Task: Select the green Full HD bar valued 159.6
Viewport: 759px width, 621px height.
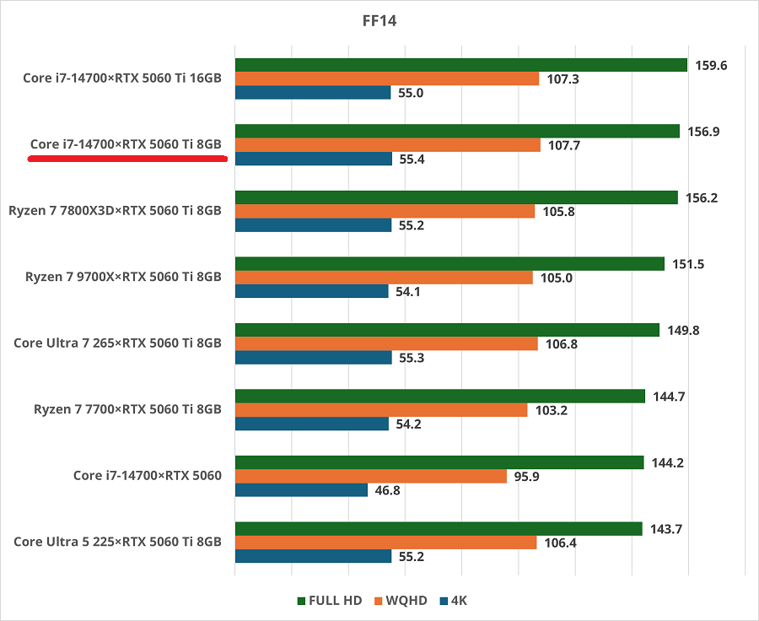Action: tap(461, 65)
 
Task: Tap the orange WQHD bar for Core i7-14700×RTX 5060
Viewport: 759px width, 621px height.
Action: tap(370, 476)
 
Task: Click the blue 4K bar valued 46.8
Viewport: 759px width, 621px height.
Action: tap(301, 489)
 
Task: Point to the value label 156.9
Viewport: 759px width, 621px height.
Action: tap(704, 132)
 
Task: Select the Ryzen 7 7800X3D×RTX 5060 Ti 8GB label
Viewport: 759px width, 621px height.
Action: tap(116, 211)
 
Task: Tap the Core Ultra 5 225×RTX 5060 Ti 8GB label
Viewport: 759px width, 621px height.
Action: tap(117, 542)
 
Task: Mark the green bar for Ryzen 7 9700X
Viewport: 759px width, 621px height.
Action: tap(449, 264)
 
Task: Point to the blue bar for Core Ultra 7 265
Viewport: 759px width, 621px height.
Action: tap(313, 357)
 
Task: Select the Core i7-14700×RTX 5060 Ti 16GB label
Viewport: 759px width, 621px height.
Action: tap(122, 78)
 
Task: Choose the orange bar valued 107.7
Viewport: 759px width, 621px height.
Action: tap(387, 145)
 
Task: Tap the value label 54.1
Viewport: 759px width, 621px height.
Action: tap(409, 291)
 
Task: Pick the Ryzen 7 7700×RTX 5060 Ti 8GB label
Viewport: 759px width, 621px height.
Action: tap(127, 409)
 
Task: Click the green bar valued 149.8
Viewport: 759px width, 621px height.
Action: tap(447, 330)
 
